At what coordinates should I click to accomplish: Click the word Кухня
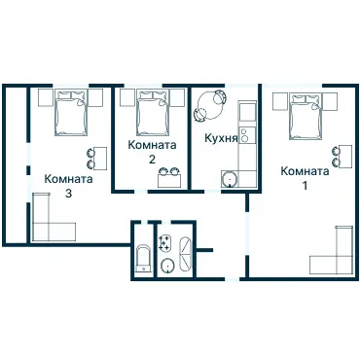pos(221,138)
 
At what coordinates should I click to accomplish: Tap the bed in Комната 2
pos(153,113)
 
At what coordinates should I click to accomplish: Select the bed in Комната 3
pos(71,113)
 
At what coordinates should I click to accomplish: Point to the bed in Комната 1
pos(305,117)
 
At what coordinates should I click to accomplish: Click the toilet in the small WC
pos(143,258)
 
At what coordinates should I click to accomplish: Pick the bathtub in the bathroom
pos(186,254)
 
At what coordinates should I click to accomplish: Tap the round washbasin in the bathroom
pos(167,265)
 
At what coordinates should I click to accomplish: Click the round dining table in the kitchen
pos(210,106)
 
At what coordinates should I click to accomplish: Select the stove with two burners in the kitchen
pos(247,135)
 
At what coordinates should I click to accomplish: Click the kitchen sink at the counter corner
pos(230,179)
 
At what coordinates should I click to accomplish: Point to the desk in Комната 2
pos(169,181)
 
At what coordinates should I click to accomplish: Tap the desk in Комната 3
pos(100,159)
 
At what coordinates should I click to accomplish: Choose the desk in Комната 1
pos(345,156)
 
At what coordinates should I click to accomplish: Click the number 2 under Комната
pos(152,160)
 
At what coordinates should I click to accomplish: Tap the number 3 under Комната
pos(68,194)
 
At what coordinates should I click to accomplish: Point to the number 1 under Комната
pos(305,186)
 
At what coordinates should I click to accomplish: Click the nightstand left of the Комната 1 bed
pos(280,101)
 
